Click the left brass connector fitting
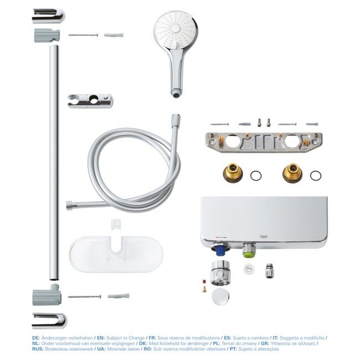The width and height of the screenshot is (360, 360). [x=233, y=173]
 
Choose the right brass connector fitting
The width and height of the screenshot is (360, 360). [x=292, y=173]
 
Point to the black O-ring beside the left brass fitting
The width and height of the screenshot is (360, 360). [x=256, y=176]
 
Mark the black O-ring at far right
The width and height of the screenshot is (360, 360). [x=315, y=176]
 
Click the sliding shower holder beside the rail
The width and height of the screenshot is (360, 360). [x=90, y=100]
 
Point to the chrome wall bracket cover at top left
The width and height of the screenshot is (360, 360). [x=48, y=16]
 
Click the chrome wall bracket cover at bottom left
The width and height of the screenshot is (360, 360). [x=49, y=320]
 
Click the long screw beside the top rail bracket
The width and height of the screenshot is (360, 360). [x=83, y=35]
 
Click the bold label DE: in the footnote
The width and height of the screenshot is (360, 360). [x=36, y=337]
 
